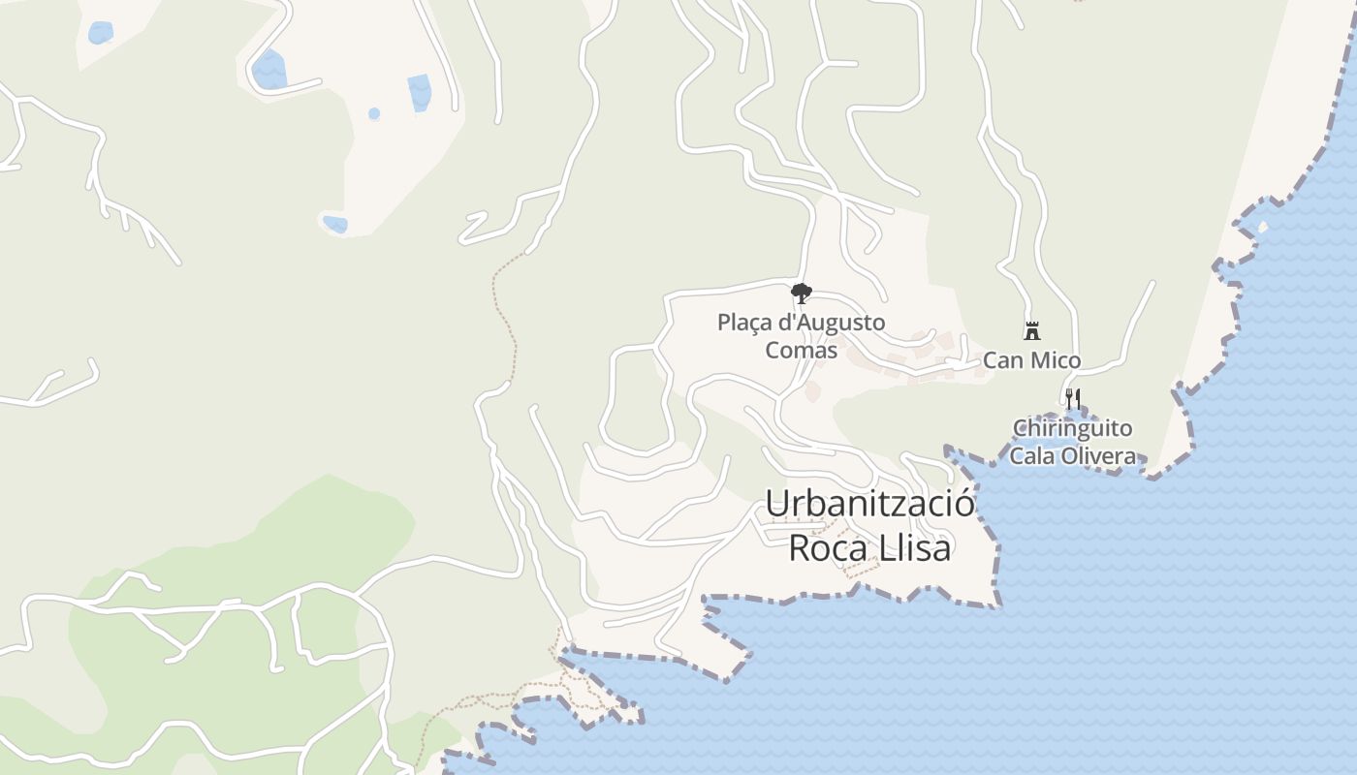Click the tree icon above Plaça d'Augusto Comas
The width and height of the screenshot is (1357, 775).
click(x=801, y=293)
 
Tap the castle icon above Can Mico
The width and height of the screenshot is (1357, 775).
click(x=1032, y=331)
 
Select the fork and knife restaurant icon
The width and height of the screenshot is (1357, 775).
click(x=1072, y=398)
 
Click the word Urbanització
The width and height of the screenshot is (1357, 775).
click(x=869, y=504)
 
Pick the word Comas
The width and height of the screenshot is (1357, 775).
click(x=801, y=350)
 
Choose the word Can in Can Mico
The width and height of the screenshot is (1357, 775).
click(x=1002, y=361)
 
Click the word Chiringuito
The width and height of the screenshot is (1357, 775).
click(x=1072, y=428)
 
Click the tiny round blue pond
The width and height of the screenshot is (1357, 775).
click(x=374, y=113)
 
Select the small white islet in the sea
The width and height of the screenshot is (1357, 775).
click(x=1261, y=228)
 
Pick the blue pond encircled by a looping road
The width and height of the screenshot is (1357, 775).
click(x=268, y=70)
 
